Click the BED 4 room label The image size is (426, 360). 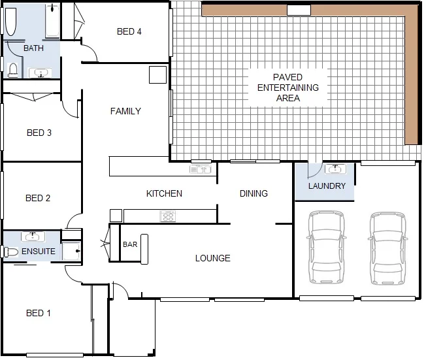click(129, 31)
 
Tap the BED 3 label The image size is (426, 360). click(39, 133)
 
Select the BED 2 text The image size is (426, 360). click(38, 198)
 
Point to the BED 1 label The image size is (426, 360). click(38, 313)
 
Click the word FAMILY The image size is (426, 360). click(125, 111)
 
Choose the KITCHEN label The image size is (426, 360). click(164, 193)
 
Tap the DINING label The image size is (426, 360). click(254, 193)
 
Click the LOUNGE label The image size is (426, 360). click(212, 258)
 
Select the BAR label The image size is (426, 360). click(130, 245)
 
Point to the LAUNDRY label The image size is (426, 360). click(327, 186)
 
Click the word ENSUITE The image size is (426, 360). click(39, 251)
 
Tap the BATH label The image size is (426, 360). click(33, 48)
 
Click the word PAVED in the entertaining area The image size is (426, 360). click(287, 77)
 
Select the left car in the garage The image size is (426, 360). click(325, 248)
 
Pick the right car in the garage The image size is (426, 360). click(387, 248)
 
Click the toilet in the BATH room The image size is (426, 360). click(12, 69)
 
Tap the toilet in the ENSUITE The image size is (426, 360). click(10, 252)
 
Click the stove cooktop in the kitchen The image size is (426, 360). click(168, 216)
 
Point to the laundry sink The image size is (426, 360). click(335, 170)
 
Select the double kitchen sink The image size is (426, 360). click(201, 170)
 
